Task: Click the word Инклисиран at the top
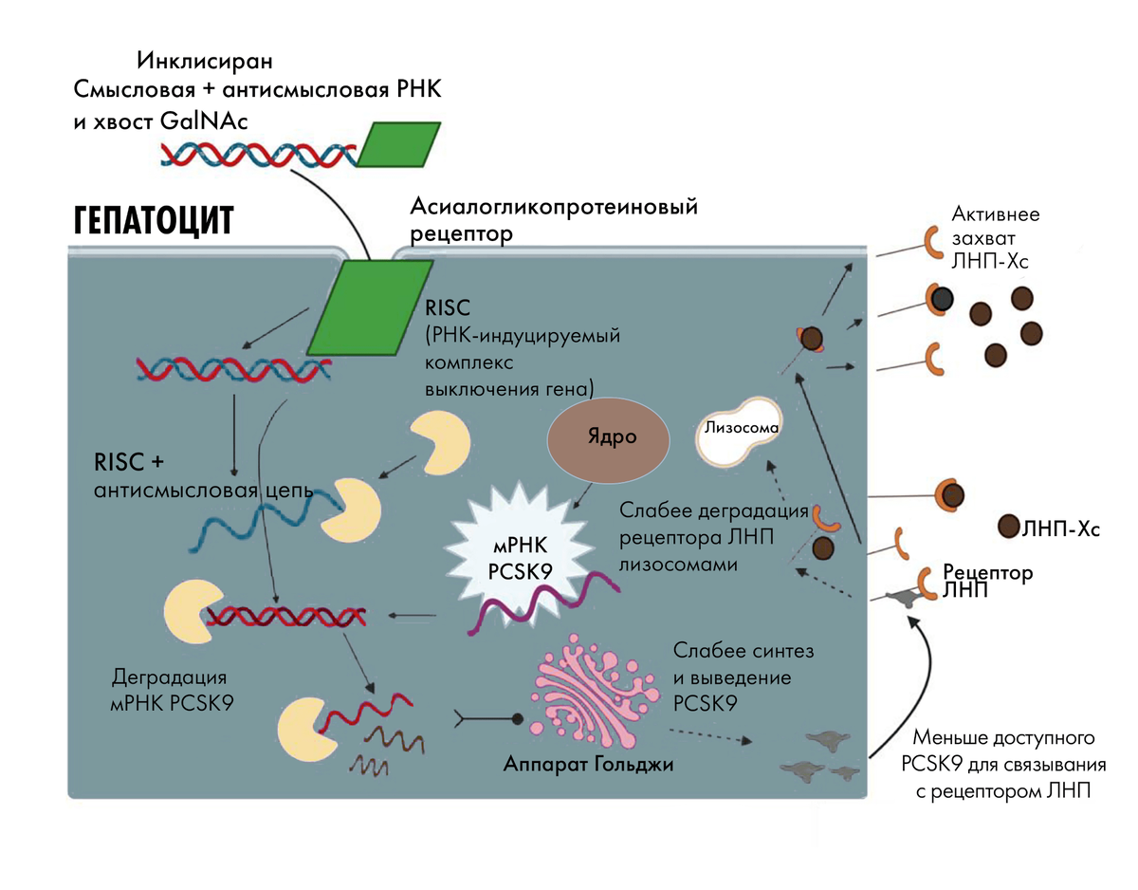point(204,63)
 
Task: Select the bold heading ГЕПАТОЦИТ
point(153,220)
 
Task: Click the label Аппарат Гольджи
point(589,764)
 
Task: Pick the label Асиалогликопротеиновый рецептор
point(554,218)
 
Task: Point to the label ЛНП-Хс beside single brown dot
point(1060,528)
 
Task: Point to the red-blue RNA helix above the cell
point(258,153)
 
